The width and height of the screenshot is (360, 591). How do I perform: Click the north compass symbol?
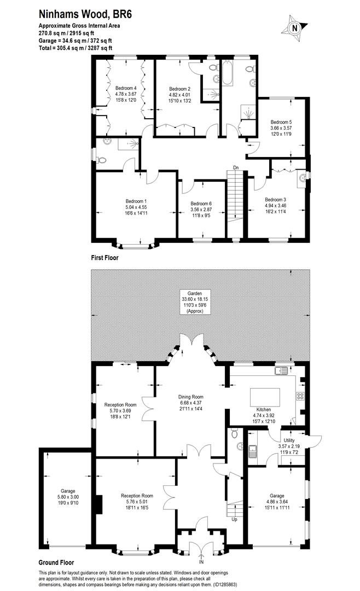click(295, 27)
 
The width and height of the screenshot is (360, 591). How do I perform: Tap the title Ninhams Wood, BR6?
click(85, 15)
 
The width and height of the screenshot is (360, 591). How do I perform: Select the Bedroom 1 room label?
click(136, 207)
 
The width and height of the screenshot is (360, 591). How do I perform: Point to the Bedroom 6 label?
click(201, 210)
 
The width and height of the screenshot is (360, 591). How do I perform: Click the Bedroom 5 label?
click(281, 128)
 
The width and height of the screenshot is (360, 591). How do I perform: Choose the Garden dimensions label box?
click(195, 302)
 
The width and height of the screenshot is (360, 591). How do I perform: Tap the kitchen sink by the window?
click(282, 370)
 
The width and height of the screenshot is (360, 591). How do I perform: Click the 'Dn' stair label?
click(236, 167)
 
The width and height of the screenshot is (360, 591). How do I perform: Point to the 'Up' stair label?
click(234, 519)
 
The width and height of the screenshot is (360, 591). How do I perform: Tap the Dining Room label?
click(191, 403)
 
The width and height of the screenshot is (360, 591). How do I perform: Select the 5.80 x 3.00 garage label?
click(68, 497)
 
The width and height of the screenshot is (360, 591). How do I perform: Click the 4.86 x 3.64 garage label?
click(277, 501)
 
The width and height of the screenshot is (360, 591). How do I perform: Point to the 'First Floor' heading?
click(105, 258)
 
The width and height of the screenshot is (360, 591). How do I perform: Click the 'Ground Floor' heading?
click(56, 563)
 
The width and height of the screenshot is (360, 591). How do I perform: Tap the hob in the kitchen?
click(301, 396)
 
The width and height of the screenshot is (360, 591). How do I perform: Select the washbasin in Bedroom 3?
click(302, 177)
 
